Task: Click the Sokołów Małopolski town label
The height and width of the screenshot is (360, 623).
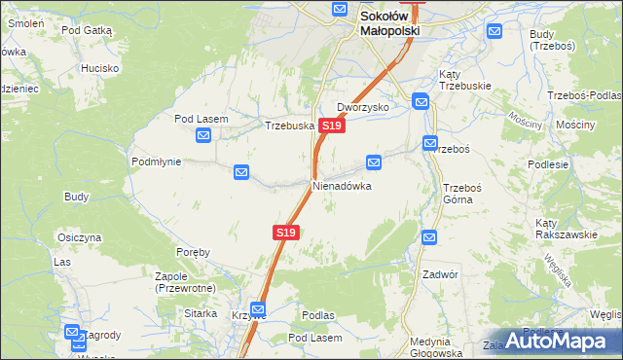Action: coord(389,23)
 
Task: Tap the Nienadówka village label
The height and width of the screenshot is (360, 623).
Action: coord(342,185)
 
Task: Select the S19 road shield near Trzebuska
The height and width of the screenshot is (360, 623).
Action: coord(331,126)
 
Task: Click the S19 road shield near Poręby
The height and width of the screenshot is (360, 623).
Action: coord(285,233)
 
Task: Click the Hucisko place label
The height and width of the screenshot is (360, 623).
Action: coord(99,68)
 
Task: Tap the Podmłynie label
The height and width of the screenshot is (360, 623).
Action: coord(156,162)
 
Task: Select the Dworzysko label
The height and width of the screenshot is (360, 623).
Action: coord(363,107)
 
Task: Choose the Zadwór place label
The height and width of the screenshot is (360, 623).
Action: coord(439,274)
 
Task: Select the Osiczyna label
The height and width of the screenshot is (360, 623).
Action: coord(80,237)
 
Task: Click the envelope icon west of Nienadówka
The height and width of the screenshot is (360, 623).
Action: coord(241,173)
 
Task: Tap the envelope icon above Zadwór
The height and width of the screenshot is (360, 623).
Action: coord(429,236)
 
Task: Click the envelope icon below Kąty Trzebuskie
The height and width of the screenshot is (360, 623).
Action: coord(421,100)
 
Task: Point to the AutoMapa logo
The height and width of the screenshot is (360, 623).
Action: coord(564,342)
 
